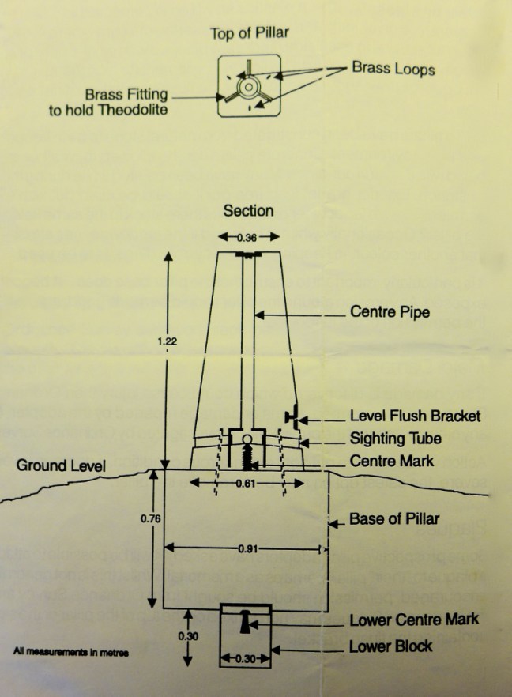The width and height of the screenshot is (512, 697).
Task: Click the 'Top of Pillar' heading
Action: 248,33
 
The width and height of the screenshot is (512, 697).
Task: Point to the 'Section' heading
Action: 248,211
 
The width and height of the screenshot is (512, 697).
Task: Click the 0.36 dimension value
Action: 250,236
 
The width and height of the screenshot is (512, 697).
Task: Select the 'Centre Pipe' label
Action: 390,312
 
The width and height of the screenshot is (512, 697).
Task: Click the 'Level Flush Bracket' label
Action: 415,416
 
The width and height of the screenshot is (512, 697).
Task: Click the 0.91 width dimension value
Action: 247,548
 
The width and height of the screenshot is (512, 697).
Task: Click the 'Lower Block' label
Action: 390,646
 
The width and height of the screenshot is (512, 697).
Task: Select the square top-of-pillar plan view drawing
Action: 248,85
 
